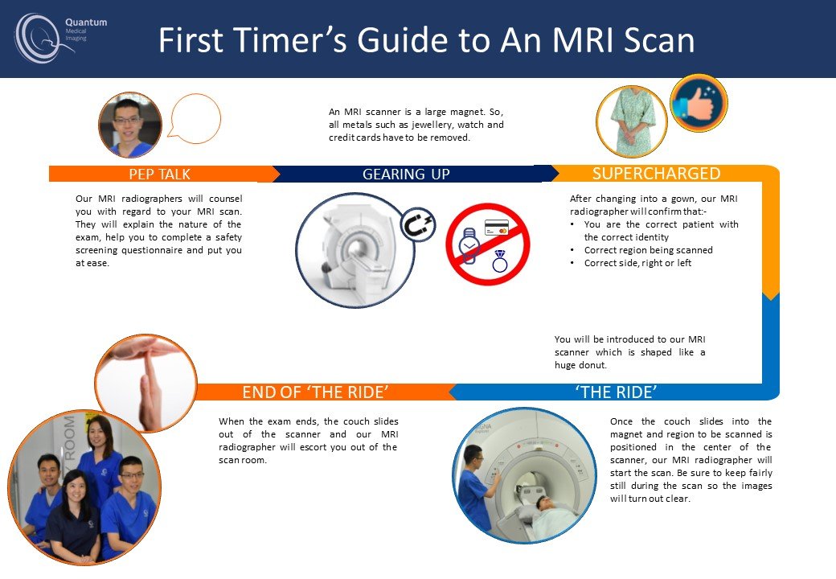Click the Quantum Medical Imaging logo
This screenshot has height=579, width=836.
tap(60, 37)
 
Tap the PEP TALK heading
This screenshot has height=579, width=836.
tap(159, 175)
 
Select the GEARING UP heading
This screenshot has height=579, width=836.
tap(406, 175)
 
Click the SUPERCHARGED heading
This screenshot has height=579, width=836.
tap(656, 173)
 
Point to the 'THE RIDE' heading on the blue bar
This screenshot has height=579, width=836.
tap(616, 392)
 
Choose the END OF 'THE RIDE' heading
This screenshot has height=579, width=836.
tap(315, 392)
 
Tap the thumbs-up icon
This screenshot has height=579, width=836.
tap(699, 103)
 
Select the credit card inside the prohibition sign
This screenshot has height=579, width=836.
tap(497, 228)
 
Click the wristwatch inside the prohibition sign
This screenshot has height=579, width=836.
tap(469, 246)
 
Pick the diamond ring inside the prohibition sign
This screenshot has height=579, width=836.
tap(499, 261)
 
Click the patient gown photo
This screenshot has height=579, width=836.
tap(632, 122)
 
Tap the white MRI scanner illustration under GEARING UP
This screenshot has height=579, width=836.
tap(354, 250)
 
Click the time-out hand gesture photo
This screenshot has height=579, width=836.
tap(145, 384)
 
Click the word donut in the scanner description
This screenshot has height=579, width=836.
tap(592, 365)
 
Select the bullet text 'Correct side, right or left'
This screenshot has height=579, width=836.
tap(637, 263)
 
